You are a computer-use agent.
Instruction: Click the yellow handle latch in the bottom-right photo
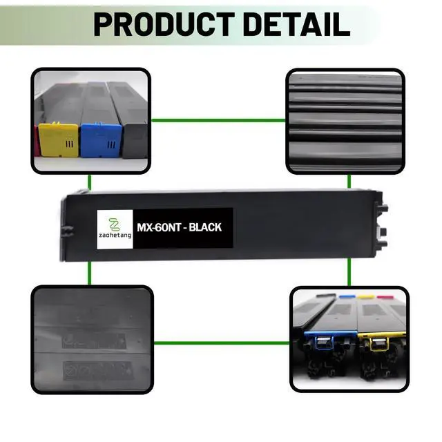378,343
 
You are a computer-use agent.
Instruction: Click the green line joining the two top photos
218,120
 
